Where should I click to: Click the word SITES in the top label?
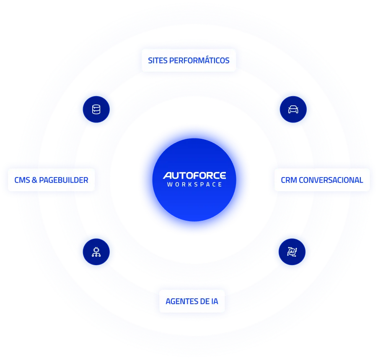click(x=157, y=60)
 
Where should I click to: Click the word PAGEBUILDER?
click(x=63, y=180)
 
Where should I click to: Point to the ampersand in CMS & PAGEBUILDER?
click(x=34, y=180)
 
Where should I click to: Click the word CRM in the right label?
click(x=289, y=180)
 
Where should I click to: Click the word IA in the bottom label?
click(x=214, y=302)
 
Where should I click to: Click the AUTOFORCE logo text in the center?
click(x=194, y=175)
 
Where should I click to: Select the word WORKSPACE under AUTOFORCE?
click(x=194, y=184)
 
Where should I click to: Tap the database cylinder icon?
click(x=96, y=110)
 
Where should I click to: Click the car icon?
click(x=293, y=110)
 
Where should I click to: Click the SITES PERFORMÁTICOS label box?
click(x=189, y=60)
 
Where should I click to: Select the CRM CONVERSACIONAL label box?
click(x=322, y=180)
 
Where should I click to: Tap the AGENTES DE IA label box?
click(x=192, y=302)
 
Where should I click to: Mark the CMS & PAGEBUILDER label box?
click(x=51, y=180)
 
